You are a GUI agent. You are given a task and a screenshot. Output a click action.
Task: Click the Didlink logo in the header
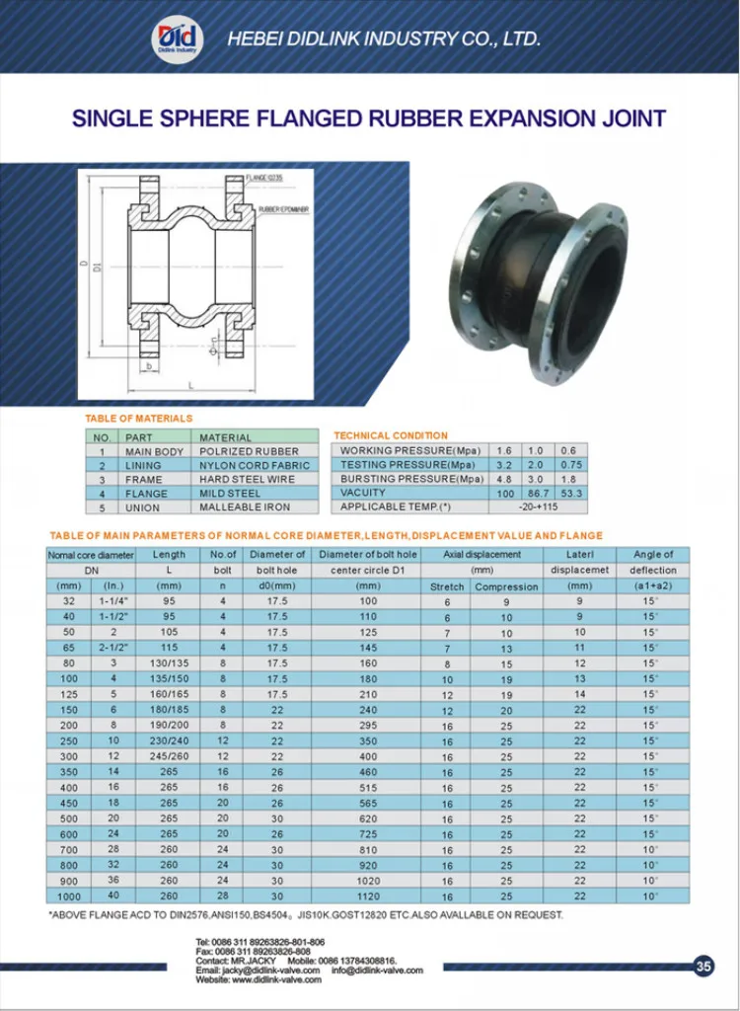coord(178,39)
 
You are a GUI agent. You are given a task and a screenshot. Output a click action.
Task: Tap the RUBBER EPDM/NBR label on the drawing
coord(283,210)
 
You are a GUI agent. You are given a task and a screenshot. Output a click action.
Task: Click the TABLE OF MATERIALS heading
coord(138,419)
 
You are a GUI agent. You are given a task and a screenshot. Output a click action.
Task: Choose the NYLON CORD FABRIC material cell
coord(254,465)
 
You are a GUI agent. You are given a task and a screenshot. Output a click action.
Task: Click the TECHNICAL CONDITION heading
coord(390,435)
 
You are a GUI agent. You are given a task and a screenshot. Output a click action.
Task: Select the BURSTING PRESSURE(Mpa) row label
coord(411,479)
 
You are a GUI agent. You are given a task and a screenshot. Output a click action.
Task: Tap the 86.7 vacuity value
coord(538,493)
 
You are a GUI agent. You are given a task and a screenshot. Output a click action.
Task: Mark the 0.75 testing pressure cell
coord(569,465)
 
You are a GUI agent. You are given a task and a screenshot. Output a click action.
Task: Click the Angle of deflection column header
coord(653,562)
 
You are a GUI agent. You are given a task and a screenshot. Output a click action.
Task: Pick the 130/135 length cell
coord(169,663)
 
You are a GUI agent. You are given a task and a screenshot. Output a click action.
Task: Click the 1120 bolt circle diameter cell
coord(368,896)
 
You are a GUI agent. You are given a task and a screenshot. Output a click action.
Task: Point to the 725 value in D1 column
coord(368,834)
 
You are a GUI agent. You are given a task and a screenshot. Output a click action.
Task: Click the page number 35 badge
coord(703,967)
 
